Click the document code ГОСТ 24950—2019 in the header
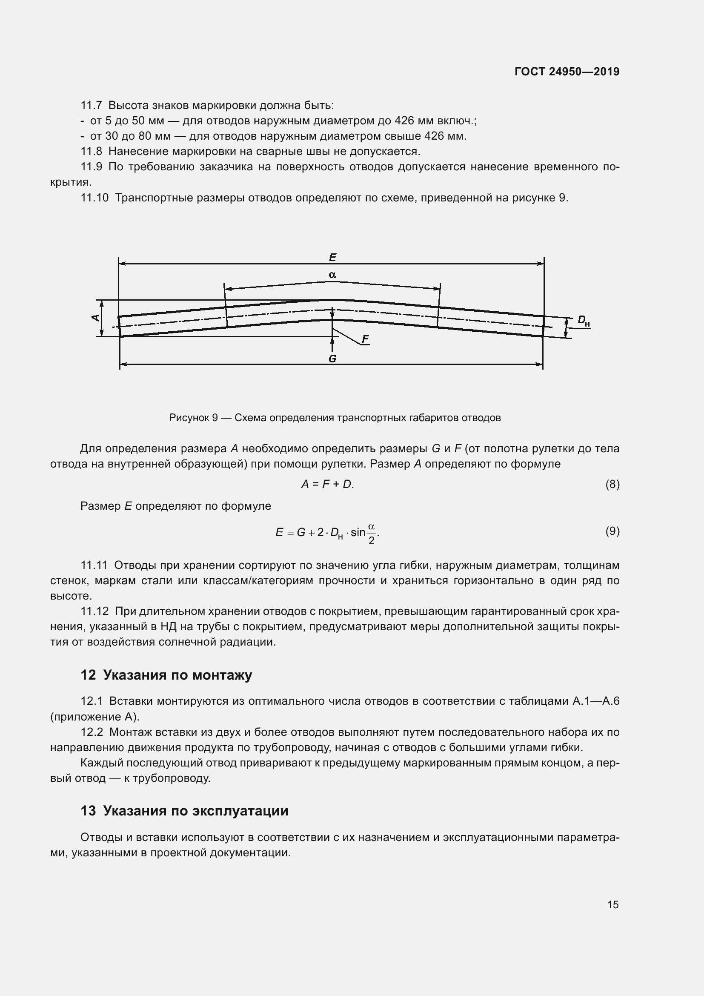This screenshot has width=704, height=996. tap(567, 72)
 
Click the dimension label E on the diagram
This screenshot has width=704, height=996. tap(332, 257)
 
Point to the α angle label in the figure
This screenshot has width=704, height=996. tap(332, 275)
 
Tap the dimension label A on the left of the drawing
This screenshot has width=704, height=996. tap(95, 318)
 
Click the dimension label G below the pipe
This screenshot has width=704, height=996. tap(332, 358)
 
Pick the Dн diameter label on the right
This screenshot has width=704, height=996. tap(583, 321)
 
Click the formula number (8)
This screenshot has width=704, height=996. tap(612, 484)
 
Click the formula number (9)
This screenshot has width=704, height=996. tap(612, 531)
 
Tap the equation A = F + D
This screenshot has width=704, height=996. tap(327, 484)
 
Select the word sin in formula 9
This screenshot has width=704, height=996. tap(358, 532)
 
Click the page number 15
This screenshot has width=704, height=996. tap(612, 904)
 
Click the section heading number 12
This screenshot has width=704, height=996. tap(88, 675)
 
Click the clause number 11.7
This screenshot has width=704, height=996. tap(91, 106)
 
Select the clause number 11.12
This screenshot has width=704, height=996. tap(94, 611)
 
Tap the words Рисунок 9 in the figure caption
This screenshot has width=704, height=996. tap(193, 418)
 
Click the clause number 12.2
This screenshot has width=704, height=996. tap(92, 732)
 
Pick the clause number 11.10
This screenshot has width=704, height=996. tap(94, 198)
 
